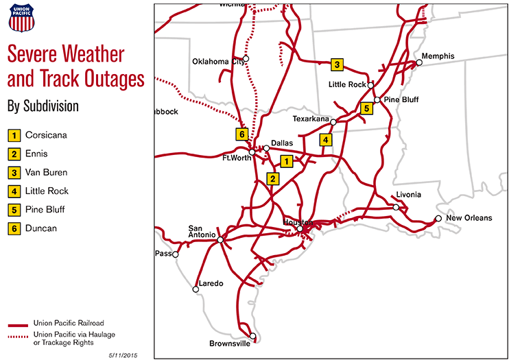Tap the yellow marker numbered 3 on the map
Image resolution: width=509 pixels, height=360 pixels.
[337, 64]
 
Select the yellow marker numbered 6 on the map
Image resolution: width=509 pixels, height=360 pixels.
[241, 134]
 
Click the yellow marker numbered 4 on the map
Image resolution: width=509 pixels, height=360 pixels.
[326, 140]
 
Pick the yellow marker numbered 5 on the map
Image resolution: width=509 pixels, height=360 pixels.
[367, 108]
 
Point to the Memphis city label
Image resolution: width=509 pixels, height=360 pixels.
[438, 56]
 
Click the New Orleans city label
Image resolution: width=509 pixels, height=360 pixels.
[469, 218]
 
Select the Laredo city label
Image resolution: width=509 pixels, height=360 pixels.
[211, 283]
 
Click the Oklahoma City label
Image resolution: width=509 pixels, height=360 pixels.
[219, 61]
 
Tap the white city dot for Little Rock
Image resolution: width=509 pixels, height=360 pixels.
[370, 86]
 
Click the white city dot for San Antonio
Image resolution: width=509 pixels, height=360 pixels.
[220, 239]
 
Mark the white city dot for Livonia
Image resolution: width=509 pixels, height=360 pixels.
[396, 206]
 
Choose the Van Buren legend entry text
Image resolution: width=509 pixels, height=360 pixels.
[46, 172]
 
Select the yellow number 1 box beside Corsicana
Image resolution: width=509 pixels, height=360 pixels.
[14, 135]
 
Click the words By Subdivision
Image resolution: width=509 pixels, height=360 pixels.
[43, 106]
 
